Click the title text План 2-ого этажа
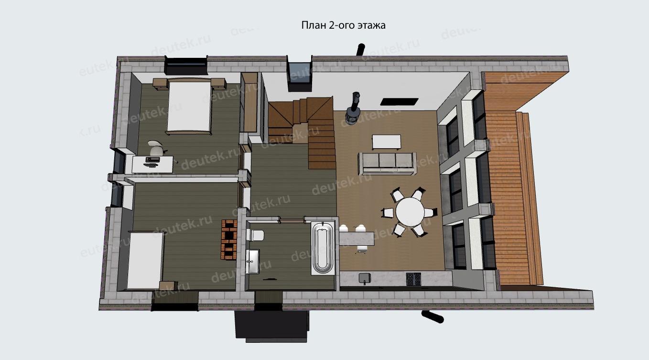[x=343, y=25]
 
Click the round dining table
[x=410, y=212]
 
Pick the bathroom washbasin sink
[x=252, y=261]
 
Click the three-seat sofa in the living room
[x=388, y=164]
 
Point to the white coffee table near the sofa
[x=387, y=142]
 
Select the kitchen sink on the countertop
[x=365, y=278]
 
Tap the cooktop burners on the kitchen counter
[x=413, y=279]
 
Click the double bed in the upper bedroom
[x=189, y=106]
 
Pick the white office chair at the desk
[x=156, y=148]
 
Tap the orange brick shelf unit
[x=229, y=240]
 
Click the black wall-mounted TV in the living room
[x=400, y=101]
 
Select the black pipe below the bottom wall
[x=433, y=316]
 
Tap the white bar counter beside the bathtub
[x=356, y=238]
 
